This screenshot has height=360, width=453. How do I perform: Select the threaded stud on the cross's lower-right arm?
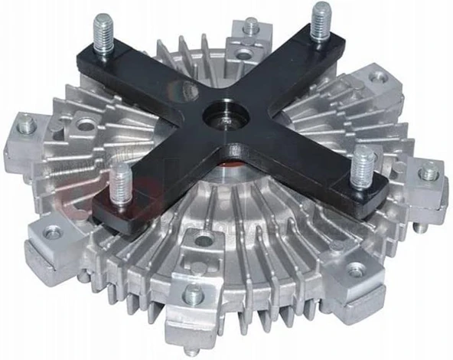[x=363, y=164]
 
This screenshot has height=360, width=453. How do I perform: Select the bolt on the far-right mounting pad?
[x=429, y=173]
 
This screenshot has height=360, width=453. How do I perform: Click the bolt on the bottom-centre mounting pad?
[x=195, y=292]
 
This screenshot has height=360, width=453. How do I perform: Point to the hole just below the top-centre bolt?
[x=243, y=54]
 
